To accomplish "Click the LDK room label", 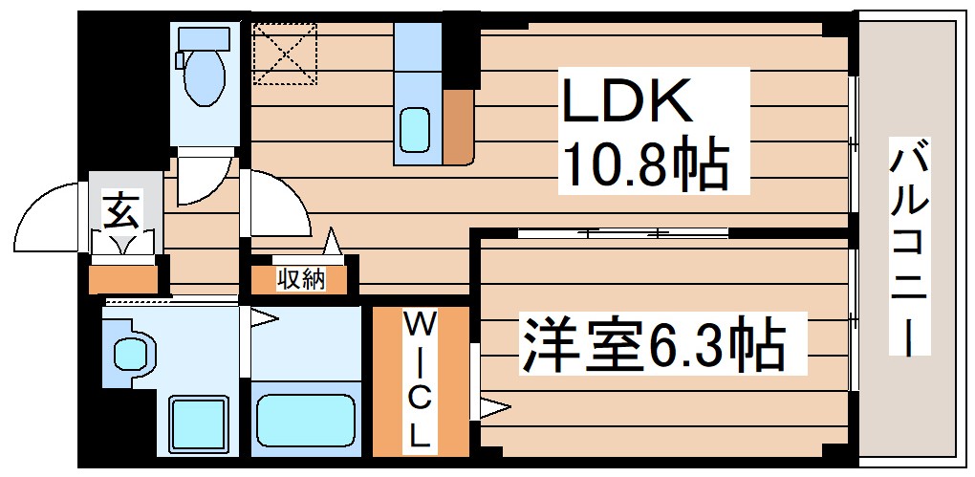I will click(626, 100).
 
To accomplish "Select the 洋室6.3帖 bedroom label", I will click(652, 346).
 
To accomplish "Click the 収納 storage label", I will click(300, 279).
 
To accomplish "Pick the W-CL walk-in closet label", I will click(419, 379).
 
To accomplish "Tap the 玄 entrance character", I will click(120, 209).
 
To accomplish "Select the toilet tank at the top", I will click(204, 38).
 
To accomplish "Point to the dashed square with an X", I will click(285, 54).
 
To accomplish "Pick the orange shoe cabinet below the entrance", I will click(122, 279).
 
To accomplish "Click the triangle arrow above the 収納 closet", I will click(333, 241).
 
